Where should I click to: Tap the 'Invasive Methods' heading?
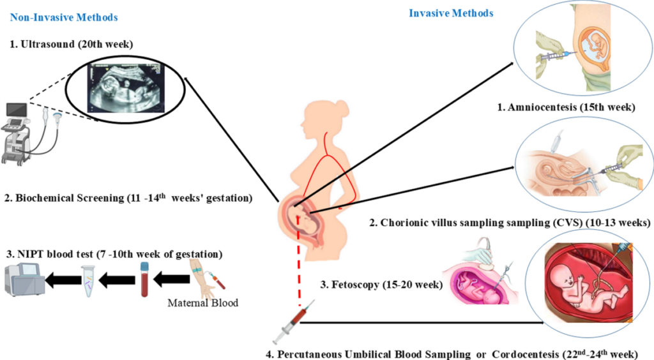click(451, 13)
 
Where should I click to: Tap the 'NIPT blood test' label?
click(116, 254)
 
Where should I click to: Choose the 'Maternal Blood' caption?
click(202, 302)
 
